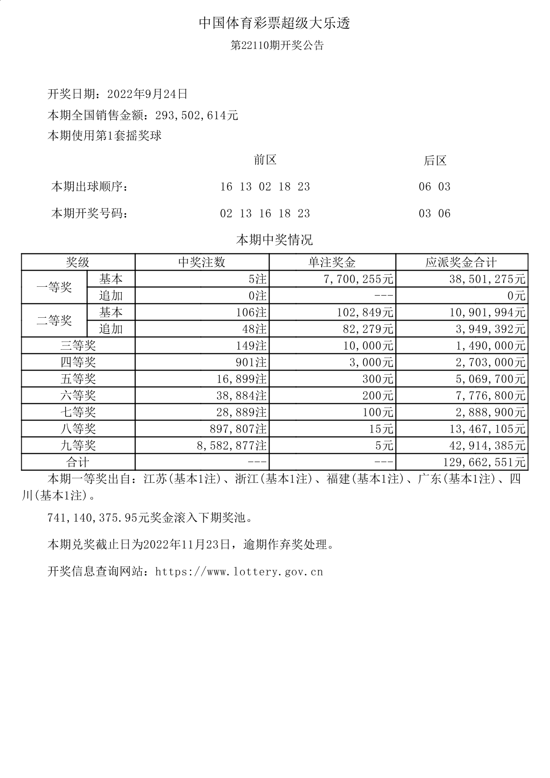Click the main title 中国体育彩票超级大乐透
coord(275,23)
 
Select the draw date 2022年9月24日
coord(147,94)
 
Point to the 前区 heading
coord(265,160)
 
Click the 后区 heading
coord(435,161)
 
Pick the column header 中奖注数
coord(202,262)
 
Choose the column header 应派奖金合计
coord(461,262)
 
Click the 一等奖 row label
coord(54,287)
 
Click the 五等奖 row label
coord(78,379)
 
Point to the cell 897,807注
coord(238,429)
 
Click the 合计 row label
coord(78,463)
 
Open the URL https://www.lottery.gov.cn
coord(239,572)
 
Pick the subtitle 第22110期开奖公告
coord(277,45)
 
